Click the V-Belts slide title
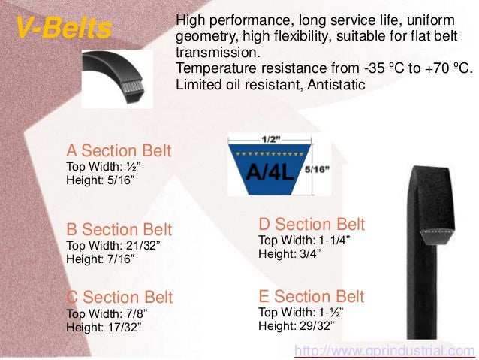[64, 29]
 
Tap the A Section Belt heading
[119, 150]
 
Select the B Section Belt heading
[119, 229]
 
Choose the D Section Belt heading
[312, 224]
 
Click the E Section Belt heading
[311, 295]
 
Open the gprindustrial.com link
[384, 350]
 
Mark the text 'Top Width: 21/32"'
[113, 246]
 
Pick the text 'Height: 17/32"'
[104, 327]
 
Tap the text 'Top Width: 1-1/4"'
[304, 240]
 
